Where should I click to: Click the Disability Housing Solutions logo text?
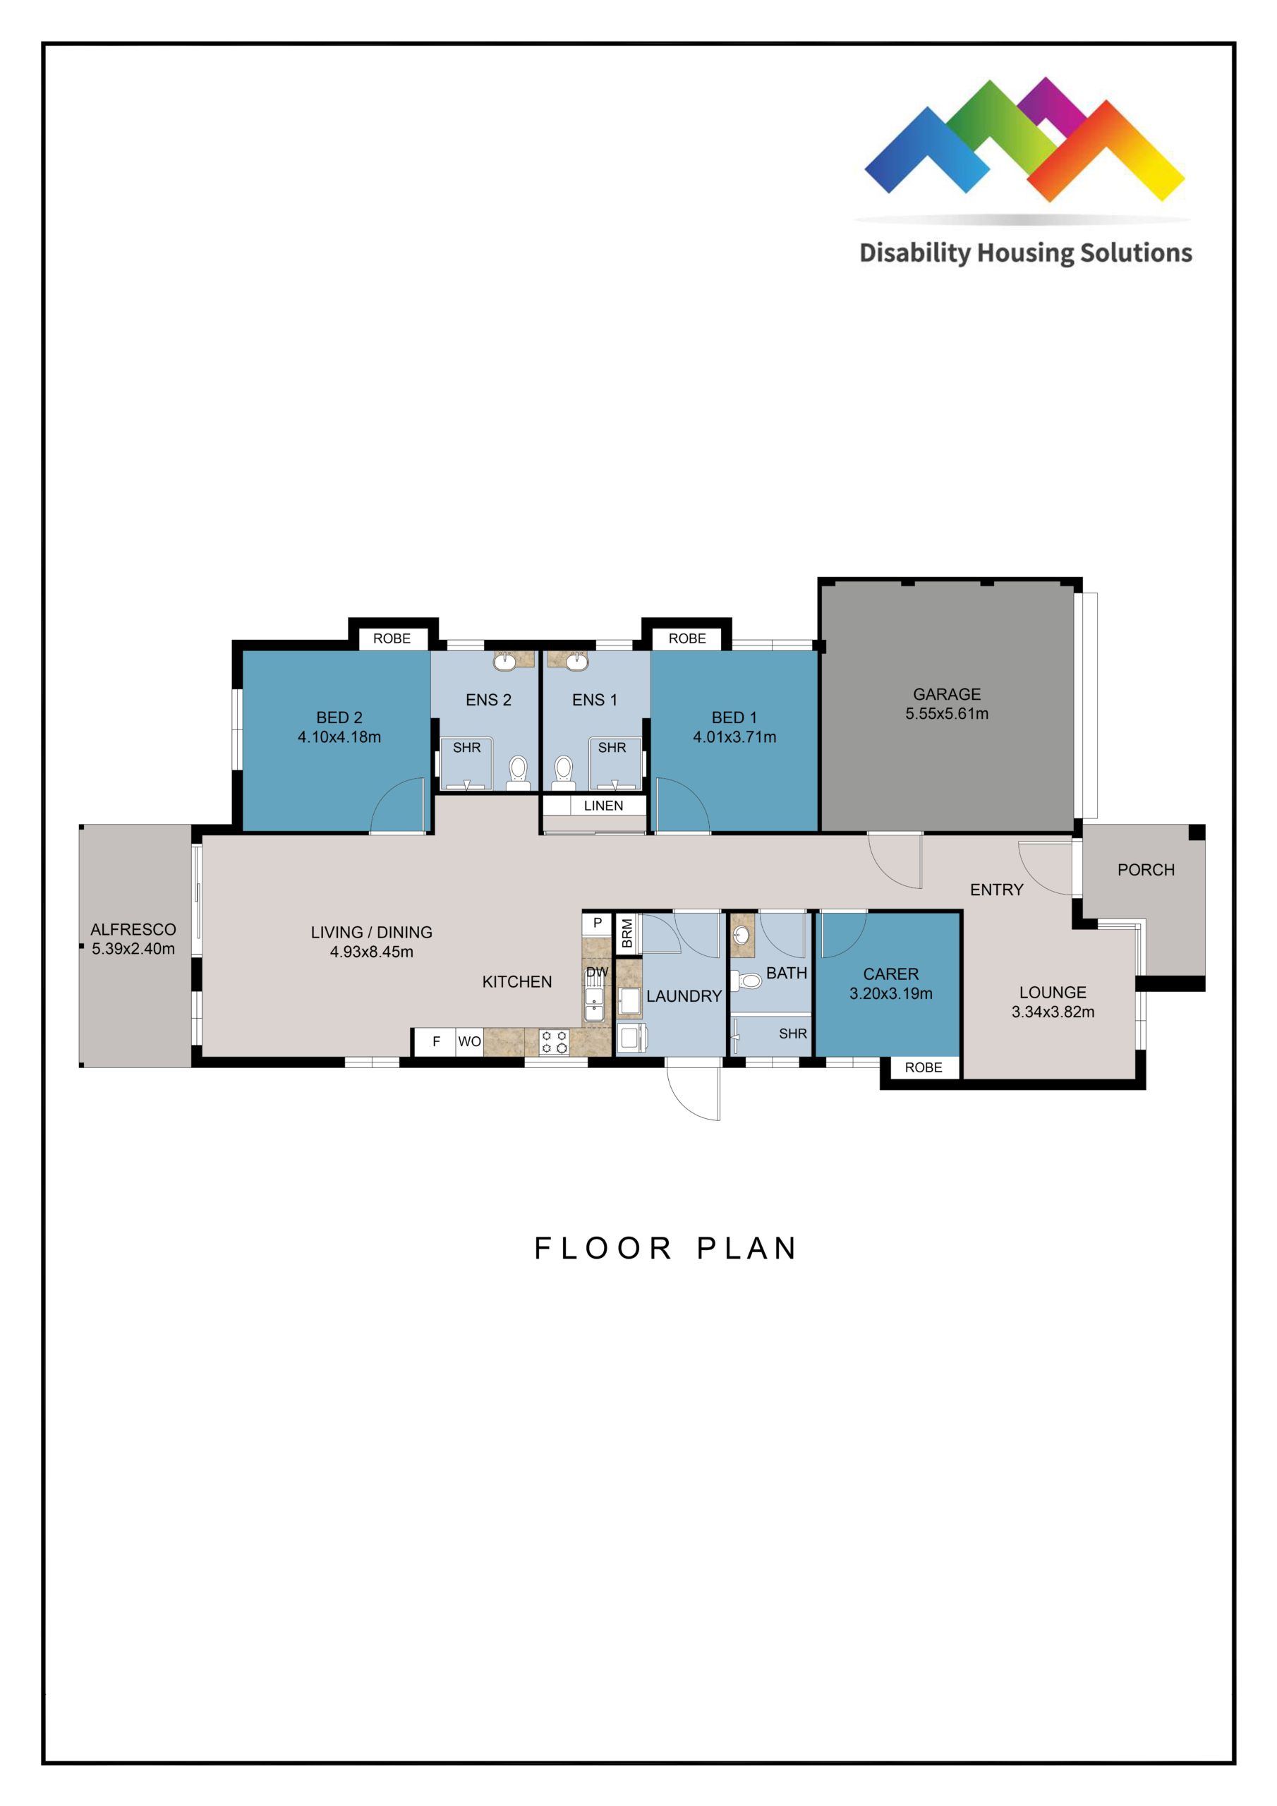coord(1025,253)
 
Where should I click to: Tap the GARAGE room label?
coord(947,693)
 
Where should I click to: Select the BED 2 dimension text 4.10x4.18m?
coord(339,737)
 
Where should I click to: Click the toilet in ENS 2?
coord(518,770)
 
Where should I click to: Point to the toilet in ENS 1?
coord(563,770)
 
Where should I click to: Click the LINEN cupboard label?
coord(603,806)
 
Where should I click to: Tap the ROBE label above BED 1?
coord(687,638)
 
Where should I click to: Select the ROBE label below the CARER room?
coord(923,1067)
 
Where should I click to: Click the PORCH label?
coord(1146,870)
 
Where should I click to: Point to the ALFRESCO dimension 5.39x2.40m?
coord(133,949)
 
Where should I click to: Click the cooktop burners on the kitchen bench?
coord(554,1042)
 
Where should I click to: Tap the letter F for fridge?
coord(436,1041)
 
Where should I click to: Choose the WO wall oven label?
coord(469,1041)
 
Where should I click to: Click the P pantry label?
coord(597,923)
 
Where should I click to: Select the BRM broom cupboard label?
coord(627,933)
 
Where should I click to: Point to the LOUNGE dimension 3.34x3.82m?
coord(1053,1012)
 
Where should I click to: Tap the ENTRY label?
coord(996,890)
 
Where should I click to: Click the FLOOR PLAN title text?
coord(665,1248)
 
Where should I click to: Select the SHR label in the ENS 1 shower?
coord(612,747)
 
